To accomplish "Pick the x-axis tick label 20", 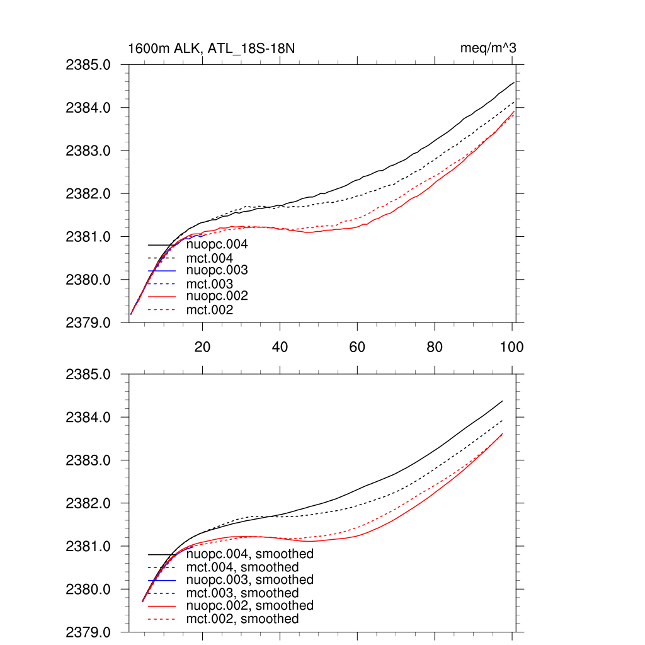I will [x=202, y=347].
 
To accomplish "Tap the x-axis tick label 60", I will [x=357, y=347].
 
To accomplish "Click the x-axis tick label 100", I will [x=511, y=347].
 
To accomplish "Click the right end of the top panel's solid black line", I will [x=515, y=82].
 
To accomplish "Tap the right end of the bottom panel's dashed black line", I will [x=503, y=420].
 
